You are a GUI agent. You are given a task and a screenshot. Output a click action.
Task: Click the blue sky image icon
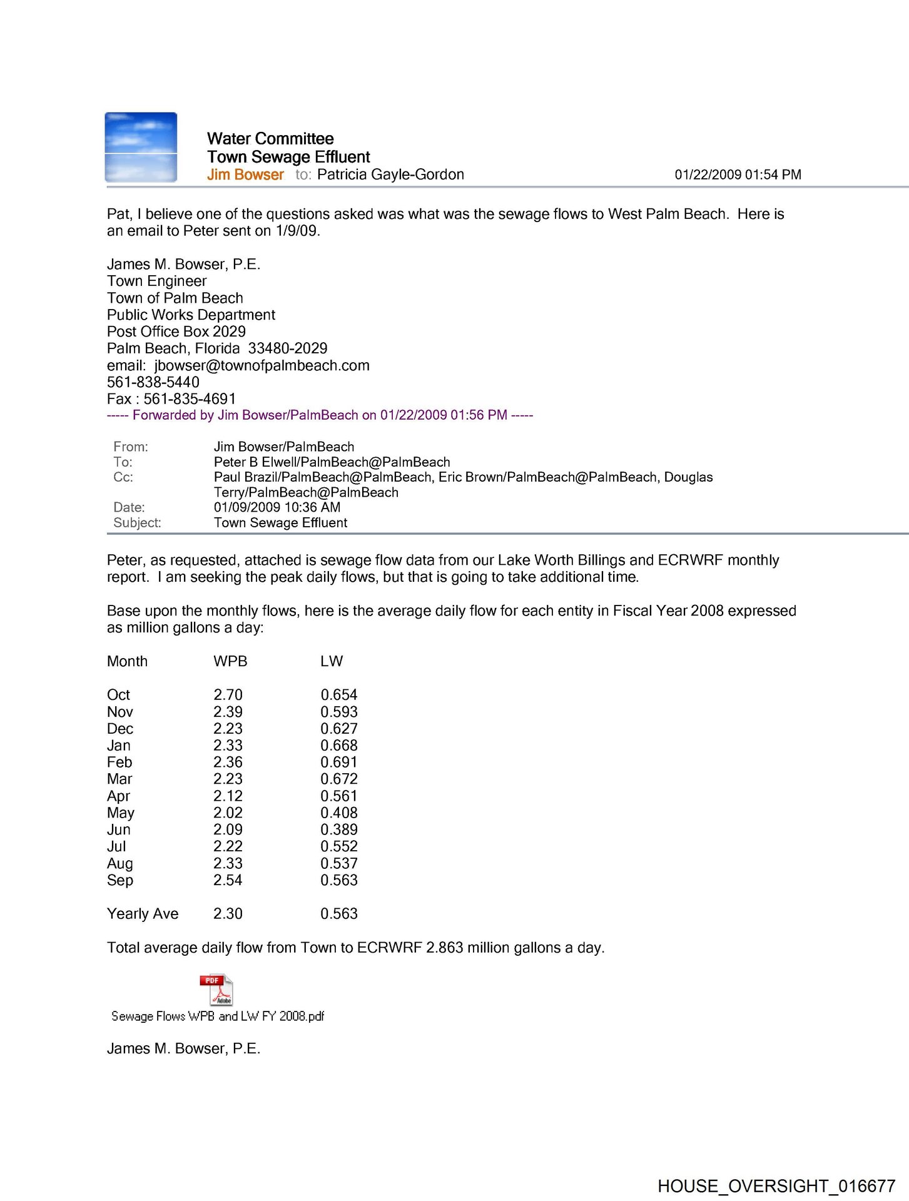[x=141, y=148]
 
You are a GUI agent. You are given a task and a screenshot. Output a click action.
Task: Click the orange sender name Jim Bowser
[x=245, y=175]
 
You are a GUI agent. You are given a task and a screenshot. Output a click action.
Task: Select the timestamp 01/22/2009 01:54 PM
[x=738, y=175]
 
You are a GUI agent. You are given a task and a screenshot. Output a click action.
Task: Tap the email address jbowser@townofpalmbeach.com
[x=262, y=365]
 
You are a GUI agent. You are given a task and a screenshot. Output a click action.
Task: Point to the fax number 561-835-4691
[x=190, y=399]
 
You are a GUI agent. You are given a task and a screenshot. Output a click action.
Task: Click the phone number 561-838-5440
[x=153, y=382]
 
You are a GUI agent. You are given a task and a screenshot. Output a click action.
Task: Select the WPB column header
[x=230, y=661]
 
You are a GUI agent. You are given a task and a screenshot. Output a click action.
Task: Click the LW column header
[x=332, y=661]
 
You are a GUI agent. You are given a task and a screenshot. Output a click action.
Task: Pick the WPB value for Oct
[x=228, y=695]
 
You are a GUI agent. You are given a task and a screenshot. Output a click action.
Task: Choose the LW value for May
[x=339, y=813]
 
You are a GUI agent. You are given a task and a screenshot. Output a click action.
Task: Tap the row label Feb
[x=119, y=763]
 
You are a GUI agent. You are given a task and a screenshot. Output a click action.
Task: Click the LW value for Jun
[x=339, y=829]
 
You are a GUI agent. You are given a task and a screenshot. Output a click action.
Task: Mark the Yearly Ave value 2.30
[x=228, y=914]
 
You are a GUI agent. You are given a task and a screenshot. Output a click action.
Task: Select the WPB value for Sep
[x=228, y=880]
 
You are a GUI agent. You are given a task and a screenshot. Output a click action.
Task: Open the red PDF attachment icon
[x=216, y=990]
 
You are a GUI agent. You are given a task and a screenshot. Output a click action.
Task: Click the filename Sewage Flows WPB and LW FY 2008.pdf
[x=218, y=1016]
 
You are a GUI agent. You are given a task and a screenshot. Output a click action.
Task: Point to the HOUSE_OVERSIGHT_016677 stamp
[x=776, y=1186]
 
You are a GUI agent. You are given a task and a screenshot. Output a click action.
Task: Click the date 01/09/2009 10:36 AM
[x=277, y=507]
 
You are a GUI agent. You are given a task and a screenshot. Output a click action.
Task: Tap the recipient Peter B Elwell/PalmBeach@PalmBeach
[x=332, y=462]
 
